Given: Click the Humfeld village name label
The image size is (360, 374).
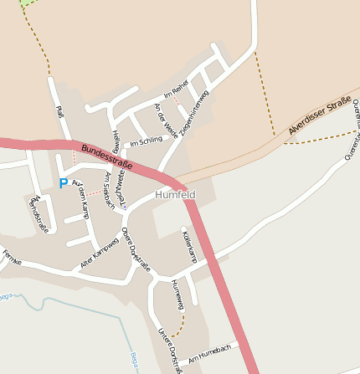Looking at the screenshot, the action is pos(175,195).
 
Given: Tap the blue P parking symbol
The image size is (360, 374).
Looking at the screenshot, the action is pos(63,183).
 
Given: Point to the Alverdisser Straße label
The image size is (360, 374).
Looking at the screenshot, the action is pos(319,115).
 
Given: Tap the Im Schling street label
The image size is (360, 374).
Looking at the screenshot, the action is pos(146,141).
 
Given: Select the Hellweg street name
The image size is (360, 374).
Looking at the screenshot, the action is pos(116,140).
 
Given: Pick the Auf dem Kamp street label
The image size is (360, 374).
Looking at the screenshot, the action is pos(81,198).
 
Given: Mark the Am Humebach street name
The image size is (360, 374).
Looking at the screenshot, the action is pos(209,352).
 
